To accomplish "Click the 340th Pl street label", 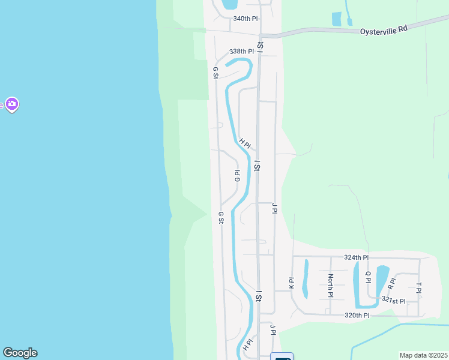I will point(245,19).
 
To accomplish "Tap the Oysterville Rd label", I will point(384,31).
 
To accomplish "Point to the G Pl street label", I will point(237,175).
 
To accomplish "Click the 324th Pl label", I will point(356,257).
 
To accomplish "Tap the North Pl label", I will point(330,286).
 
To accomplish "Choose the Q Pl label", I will point(369,276).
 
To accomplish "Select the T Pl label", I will point(419,287).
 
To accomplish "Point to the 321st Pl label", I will point(394,301).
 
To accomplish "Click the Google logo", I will point(20,353).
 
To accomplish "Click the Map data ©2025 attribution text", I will point(423,355).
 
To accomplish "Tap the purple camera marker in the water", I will point(12,104).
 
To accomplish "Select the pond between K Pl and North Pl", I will point(305,278).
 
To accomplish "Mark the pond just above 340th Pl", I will point(229,4).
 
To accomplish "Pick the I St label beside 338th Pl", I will point(260,45).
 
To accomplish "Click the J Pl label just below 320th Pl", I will point(273,330).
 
